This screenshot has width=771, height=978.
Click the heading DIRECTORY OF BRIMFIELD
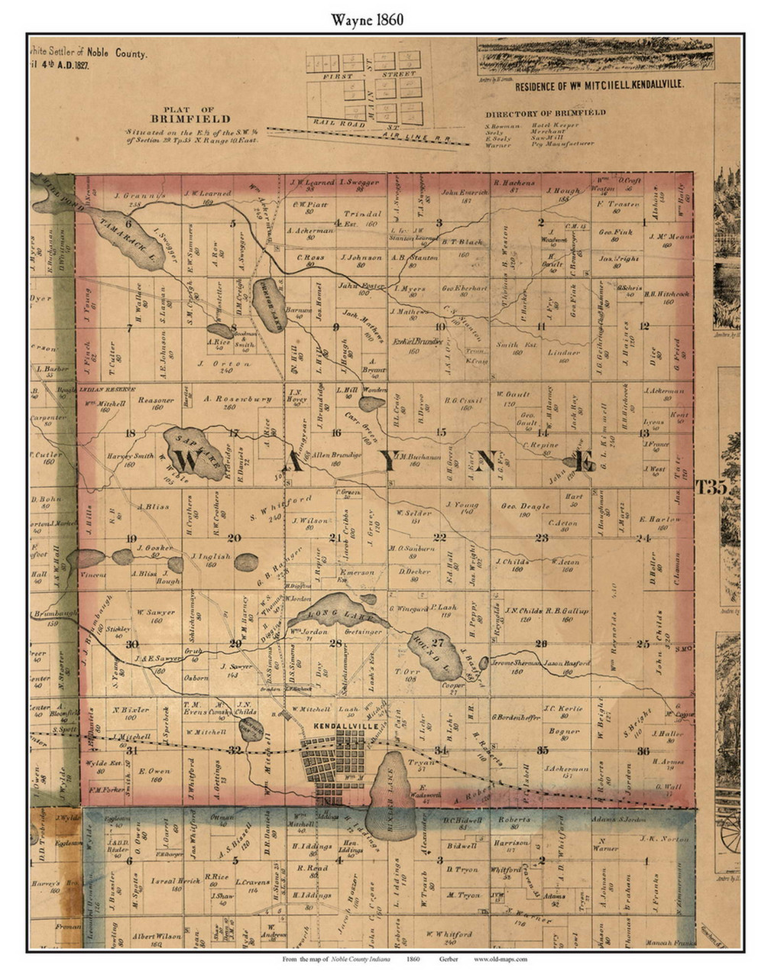(x=545, y=112)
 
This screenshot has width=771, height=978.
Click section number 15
(x=441, y=432)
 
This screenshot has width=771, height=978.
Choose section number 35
(x=543, y=750)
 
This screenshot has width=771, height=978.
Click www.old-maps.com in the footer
(x=500, y=958)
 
